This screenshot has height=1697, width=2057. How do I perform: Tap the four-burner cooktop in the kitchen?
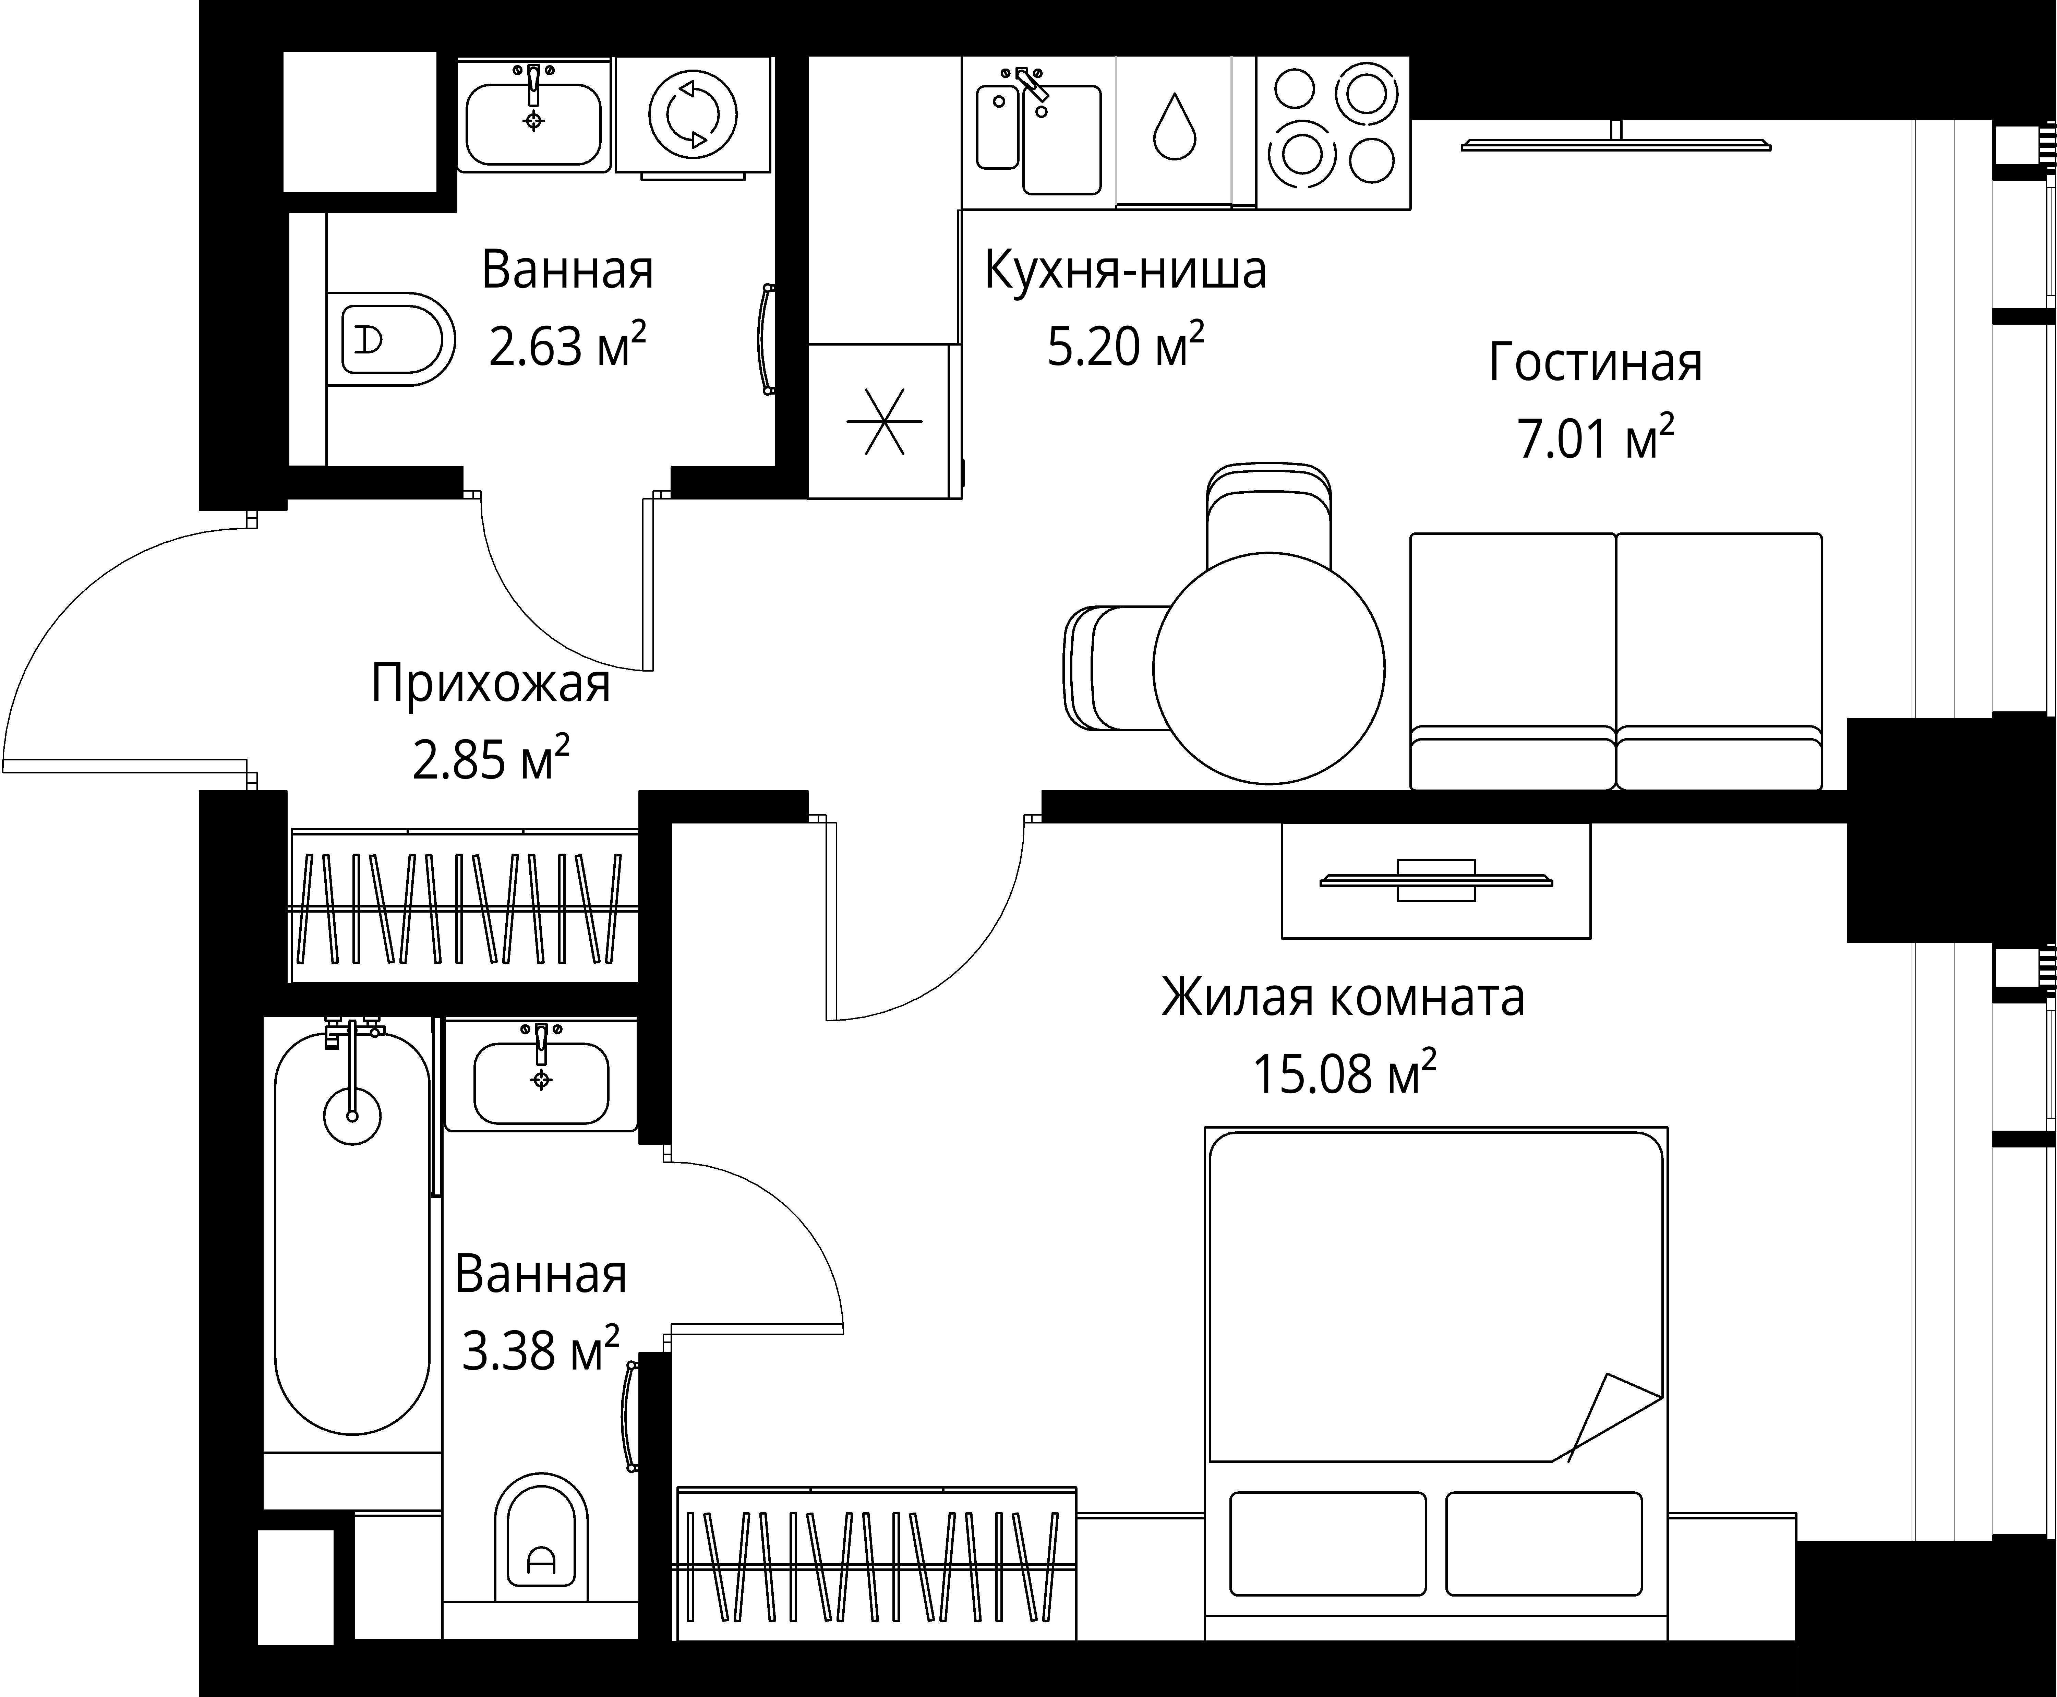[x=1333, y=132]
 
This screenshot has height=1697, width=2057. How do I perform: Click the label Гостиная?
[x=1596, y=363]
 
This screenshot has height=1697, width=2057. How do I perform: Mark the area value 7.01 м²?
[x=1596, y=437]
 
